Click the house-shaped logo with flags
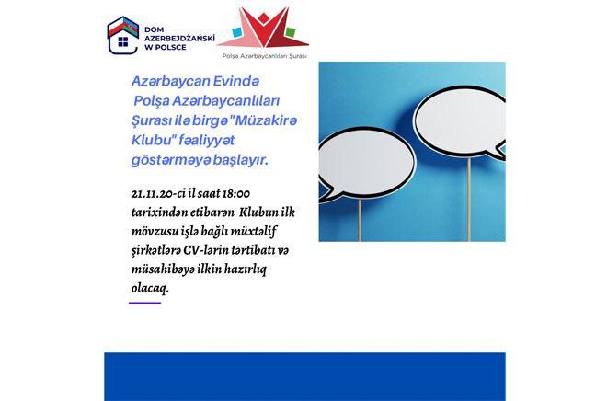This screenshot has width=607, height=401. [x=122, y=35]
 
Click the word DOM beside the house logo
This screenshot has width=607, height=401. [x=155, y=29]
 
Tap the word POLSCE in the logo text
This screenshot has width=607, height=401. [x=170, y=47]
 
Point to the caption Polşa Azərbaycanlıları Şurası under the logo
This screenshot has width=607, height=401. [x=264, y=56]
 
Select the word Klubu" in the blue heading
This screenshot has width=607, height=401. [x=152, y=140]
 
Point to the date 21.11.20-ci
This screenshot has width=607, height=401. [x=158, y=193]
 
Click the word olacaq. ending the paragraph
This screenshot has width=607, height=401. [x=150, y=289]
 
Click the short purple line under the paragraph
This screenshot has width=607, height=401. [x=144, y=304]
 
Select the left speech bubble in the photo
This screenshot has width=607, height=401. [x=365, y=164]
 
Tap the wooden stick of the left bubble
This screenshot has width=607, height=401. [x=360, y=220]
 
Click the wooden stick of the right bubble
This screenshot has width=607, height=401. [x=469, y=200]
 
